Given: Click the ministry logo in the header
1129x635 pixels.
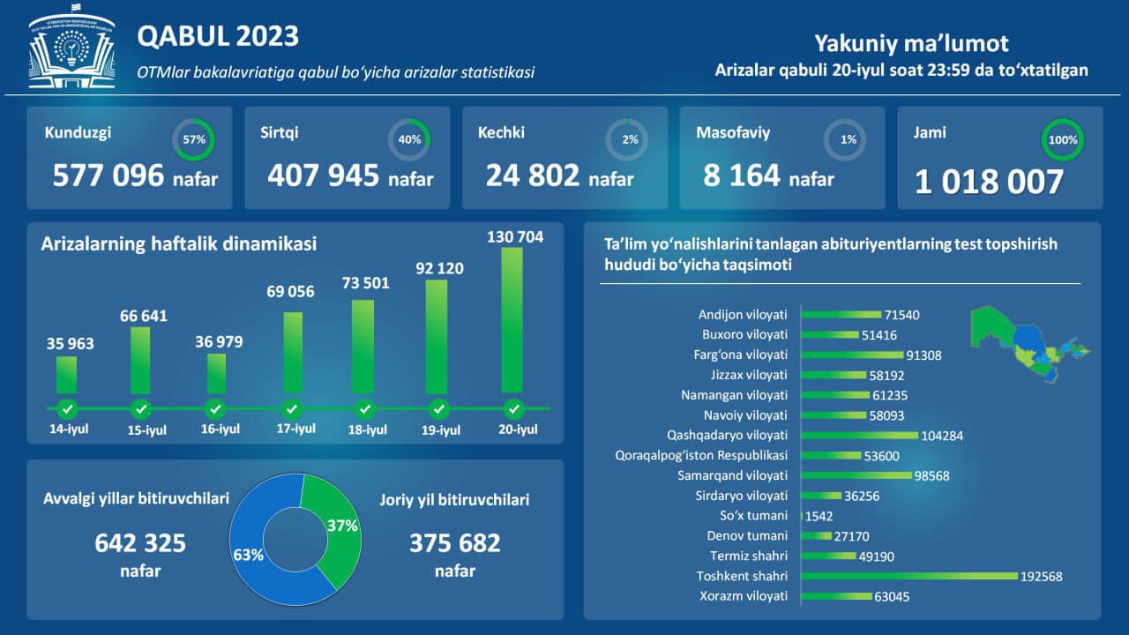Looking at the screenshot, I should (x=71, y=50).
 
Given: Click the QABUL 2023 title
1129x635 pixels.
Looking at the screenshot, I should (x=218, y=36).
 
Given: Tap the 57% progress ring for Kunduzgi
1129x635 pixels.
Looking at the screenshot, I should (x=194, y=139).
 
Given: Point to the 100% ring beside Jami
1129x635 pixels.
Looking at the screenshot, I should (x=1063, y=139).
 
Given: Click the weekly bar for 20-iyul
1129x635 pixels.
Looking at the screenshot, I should (x=512, y=319).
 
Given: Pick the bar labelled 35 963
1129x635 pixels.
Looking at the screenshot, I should (x=66, y=374).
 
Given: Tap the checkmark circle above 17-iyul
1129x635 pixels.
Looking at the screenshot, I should (x=291, y=409).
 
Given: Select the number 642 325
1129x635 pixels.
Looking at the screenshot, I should (x=140, y=543).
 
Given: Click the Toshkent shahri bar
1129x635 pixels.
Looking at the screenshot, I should (x=908, y=576).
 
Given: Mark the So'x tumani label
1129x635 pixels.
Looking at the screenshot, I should (x=753, y=516).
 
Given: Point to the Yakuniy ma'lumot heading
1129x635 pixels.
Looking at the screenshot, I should (x=911, y=43).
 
